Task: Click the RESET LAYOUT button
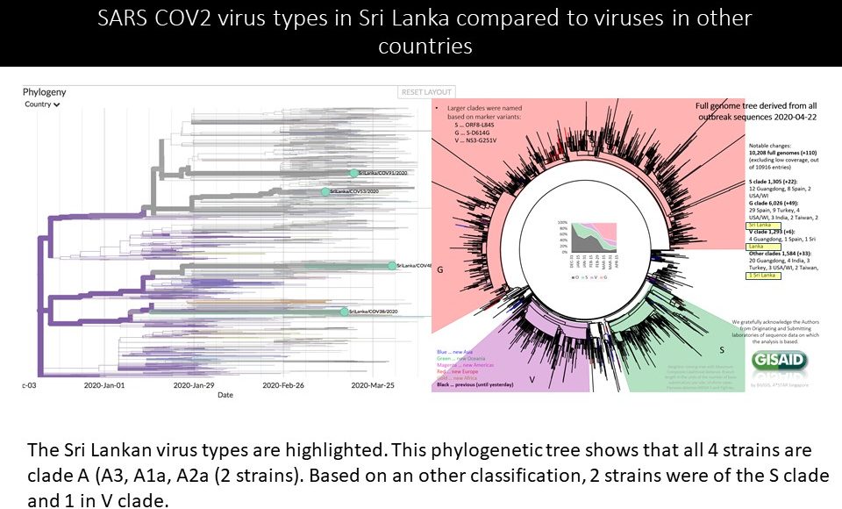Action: click(x=426, y=92)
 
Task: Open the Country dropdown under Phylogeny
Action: click(x=43, y=104)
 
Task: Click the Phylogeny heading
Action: click(x=45, y=92)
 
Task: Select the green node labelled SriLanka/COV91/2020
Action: click(x=353, y=174)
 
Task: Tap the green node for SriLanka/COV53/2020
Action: click(x=325, y=191)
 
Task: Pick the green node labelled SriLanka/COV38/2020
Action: click(x=344, y=312)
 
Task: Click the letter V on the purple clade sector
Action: click(x=532, y=380)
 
